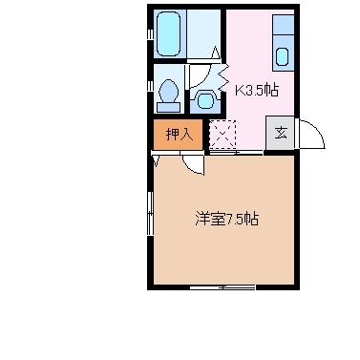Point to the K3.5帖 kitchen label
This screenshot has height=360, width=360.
257,91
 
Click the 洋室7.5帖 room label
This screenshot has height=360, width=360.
226,219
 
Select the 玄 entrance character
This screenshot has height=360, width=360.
282,134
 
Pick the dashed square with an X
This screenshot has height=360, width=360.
222,135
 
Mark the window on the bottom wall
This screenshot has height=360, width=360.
222,286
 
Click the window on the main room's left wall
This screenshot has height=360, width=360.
150,218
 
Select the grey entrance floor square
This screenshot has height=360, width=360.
282,134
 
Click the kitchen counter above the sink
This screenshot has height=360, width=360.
283,28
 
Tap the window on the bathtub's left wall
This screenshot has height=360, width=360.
151,35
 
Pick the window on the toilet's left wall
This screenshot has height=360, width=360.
151,91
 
